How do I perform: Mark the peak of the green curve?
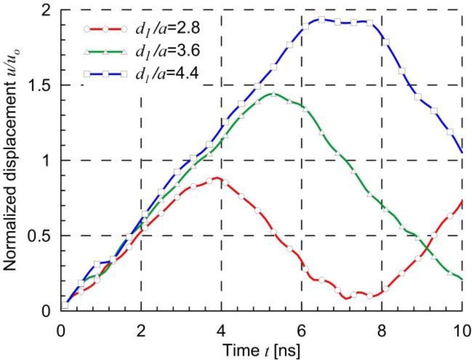(272, 94)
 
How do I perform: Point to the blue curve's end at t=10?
(462, 153)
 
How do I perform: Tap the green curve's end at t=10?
(462, 279)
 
